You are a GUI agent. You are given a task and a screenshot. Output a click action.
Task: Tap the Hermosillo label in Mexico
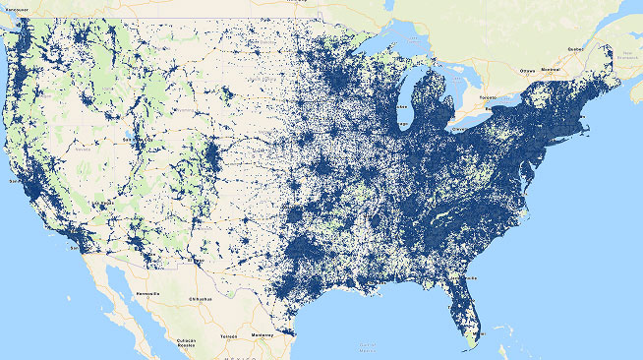[148, 293]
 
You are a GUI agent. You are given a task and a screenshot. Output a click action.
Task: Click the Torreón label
[228, 335]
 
